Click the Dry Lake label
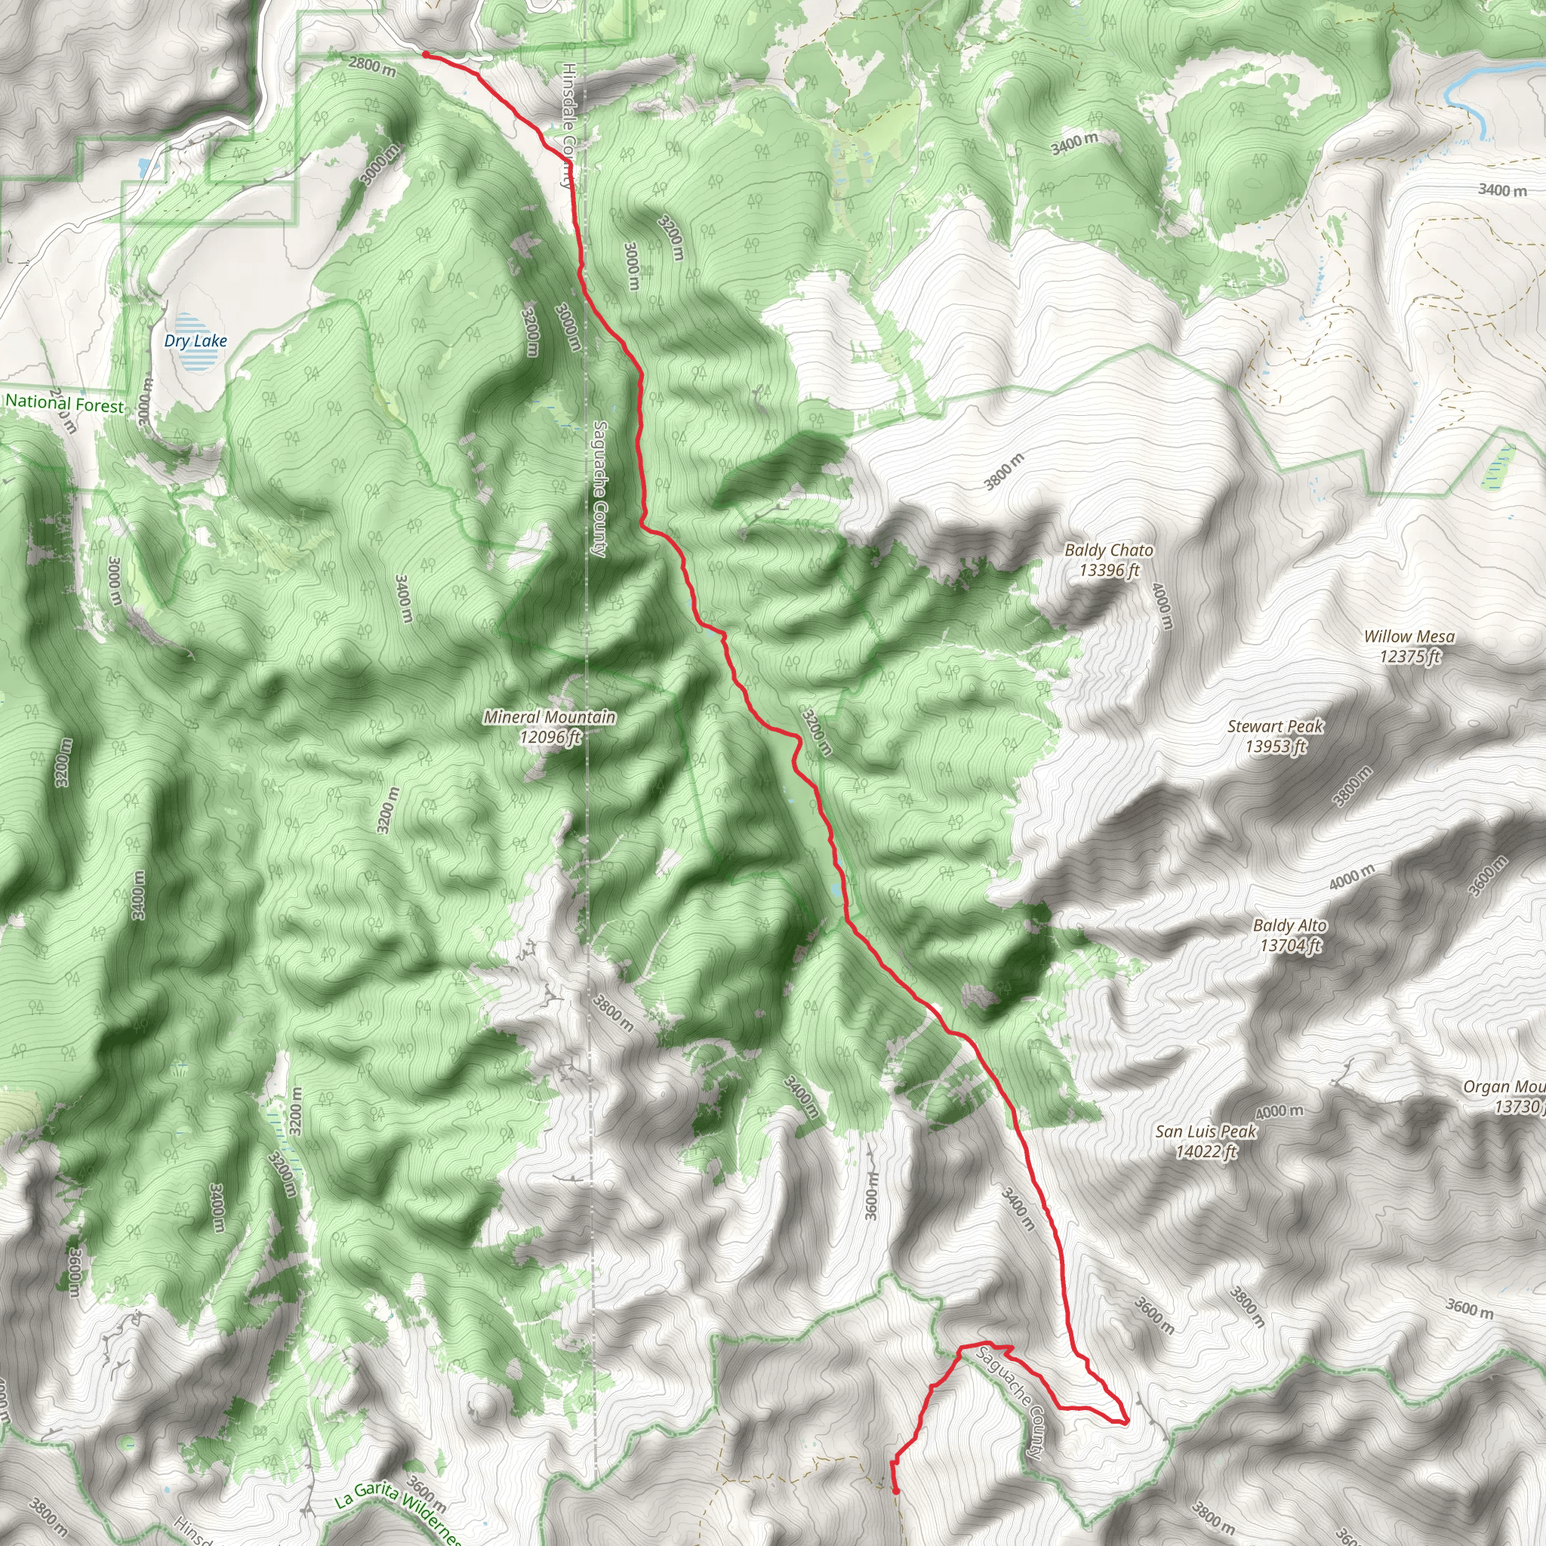(x=196, y=341)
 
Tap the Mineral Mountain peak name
(x=549, y=717)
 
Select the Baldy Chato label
(x=1108, y=550)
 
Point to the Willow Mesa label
(x=1409, y=636)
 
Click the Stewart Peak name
(x=1276, y=727)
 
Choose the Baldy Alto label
(x=1289, y=925)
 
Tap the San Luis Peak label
(x=1206, y=1132)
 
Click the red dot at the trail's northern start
(x=427, y=54)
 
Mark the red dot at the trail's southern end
(x=895, y=1491)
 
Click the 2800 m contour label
(x=372, y=66)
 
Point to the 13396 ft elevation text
(x=1108, y=571)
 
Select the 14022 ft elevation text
(x=1206, y=1151)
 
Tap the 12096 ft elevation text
(x=549, y=737)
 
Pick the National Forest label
(x=65, y=404)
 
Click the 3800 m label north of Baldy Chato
(x=1003, y=472)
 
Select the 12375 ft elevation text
(x=1409, y=656)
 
